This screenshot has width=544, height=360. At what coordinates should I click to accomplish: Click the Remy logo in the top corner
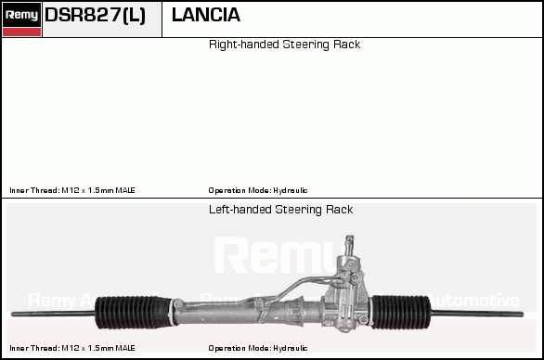pos(21,19)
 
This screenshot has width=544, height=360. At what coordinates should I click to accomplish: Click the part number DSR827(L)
pos(95,15)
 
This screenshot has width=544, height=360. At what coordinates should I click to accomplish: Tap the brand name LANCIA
pos(206,15)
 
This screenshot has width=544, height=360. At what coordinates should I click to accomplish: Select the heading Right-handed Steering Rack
pos(284,45)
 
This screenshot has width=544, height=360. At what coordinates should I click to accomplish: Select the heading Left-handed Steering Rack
pos(280,210)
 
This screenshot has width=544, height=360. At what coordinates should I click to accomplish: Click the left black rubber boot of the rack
pos(134,312)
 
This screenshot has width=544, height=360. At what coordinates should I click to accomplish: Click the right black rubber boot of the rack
pos(401,312)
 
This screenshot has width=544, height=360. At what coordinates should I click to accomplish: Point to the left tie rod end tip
pos(12,315)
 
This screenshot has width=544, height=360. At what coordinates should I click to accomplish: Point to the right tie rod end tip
pos(522,315)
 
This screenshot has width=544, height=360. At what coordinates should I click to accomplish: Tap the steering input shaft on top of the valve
pos(349,246)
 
